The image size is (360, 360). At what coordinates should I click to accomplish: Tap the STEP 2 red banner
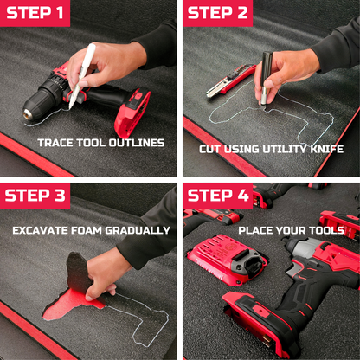pos(218,13)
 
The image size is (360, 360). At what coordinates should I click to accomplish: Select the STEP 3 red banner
pos(36,195)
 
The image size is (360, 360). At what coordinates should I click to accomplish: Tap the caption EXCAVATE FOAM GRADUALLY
pos(91,230)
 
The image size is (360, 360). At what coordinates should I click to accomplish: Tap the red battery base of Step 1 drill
pos(132,112)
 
